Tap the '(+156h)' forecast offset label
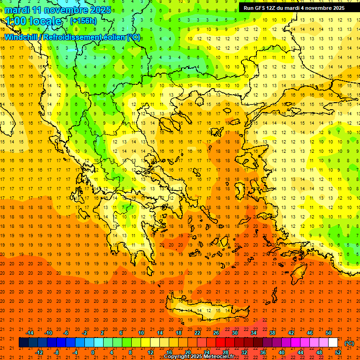pos(83,21)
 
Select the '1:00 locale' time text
pos(33,21)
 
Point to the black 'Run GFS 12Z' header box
pos(294,8)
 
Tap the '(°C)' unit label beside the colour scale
pos(349,343)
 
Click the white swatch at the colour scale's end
pos(333,343)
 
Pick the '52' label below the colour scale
pos(337,352)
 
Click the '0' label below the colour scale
pos(93,352)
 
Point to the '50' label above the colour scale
pos(328,333)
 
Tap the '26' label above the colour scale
pos(216,333)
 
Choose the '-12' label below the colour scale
pos(39,352)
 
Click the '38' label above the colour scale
pos(272,333)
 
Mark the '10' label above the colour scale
pos(141,333)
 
